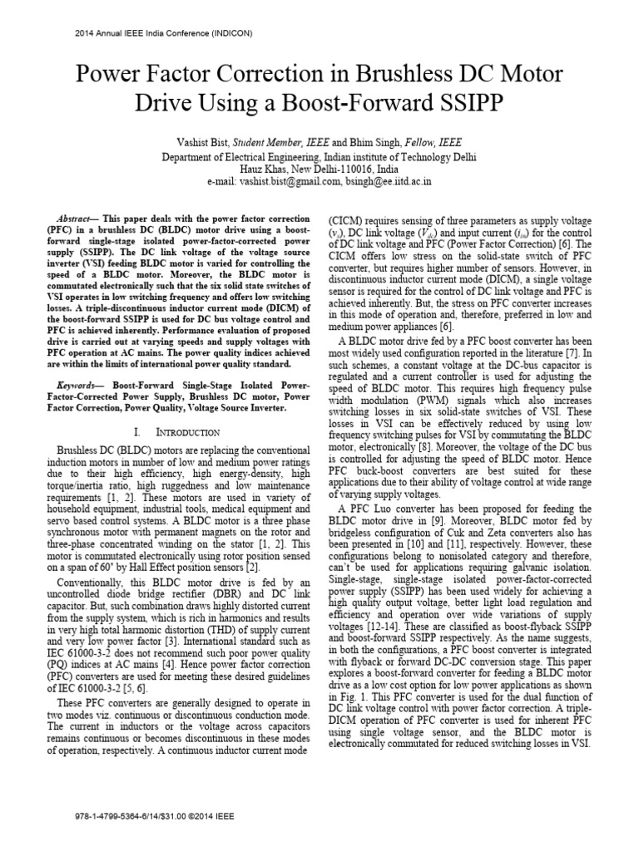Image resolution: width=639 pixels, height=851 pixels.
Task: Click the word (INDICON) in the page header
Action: [x=226, y=33]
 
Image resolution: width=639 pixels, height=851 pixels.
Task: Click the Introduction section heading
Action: [x=188, y=434]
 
